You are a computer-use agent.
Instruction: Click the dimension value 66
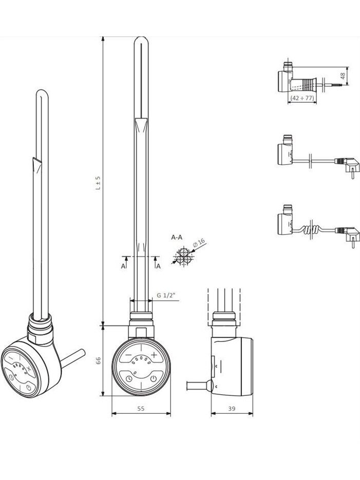coord(98,360)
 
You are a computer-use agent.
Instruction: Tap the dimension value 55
coord(141,408)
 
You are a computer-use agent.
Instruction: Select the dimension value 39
coord(232,408)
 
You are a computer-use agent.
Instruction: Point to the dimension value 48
coord(343,75)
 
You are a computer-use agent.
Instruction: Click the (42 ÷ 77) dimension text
coord(302,98)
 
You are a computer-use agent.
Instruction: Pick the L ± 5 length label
coord(98,183)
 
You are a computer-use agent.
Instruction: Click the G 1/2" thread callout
coord(165,295)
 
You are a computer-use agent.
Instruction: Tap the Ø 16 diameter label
coord(199,243)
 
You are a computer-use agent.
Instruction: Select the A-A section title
coord(177,237)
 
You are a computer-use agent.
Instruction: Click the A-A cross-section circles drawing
coord(183,257)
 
